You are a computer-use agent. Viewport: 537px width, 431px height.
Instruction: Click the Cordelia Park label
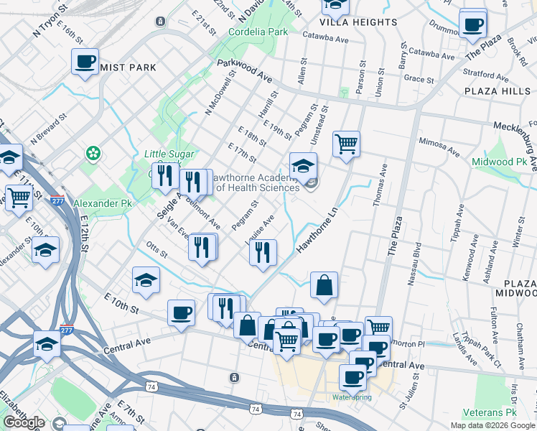click(258, 32)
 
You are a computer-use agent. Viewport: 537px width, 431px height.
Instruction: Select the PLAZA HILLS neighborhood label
click(498, 91)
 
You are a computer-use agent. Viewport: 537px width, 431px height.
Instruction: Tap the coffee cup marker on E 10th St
click(181, 312)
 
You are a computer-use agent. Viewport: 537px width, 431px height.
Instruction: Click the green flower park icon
click(93, 153)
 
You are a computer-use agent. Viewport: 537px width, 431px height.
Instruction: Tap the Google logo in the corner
click(24, 422)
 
